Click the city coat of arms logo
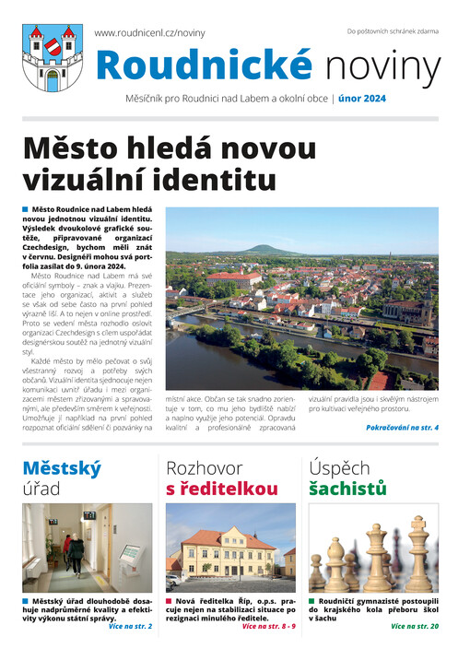pos(53,58)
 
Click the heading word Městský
pos(62,467)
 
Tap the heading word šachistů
pos(347,489)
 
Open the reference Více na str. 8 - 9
pos(268,627)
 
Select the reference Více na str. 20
pos(414,627)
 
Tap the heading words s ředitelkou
pos(221,489)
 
